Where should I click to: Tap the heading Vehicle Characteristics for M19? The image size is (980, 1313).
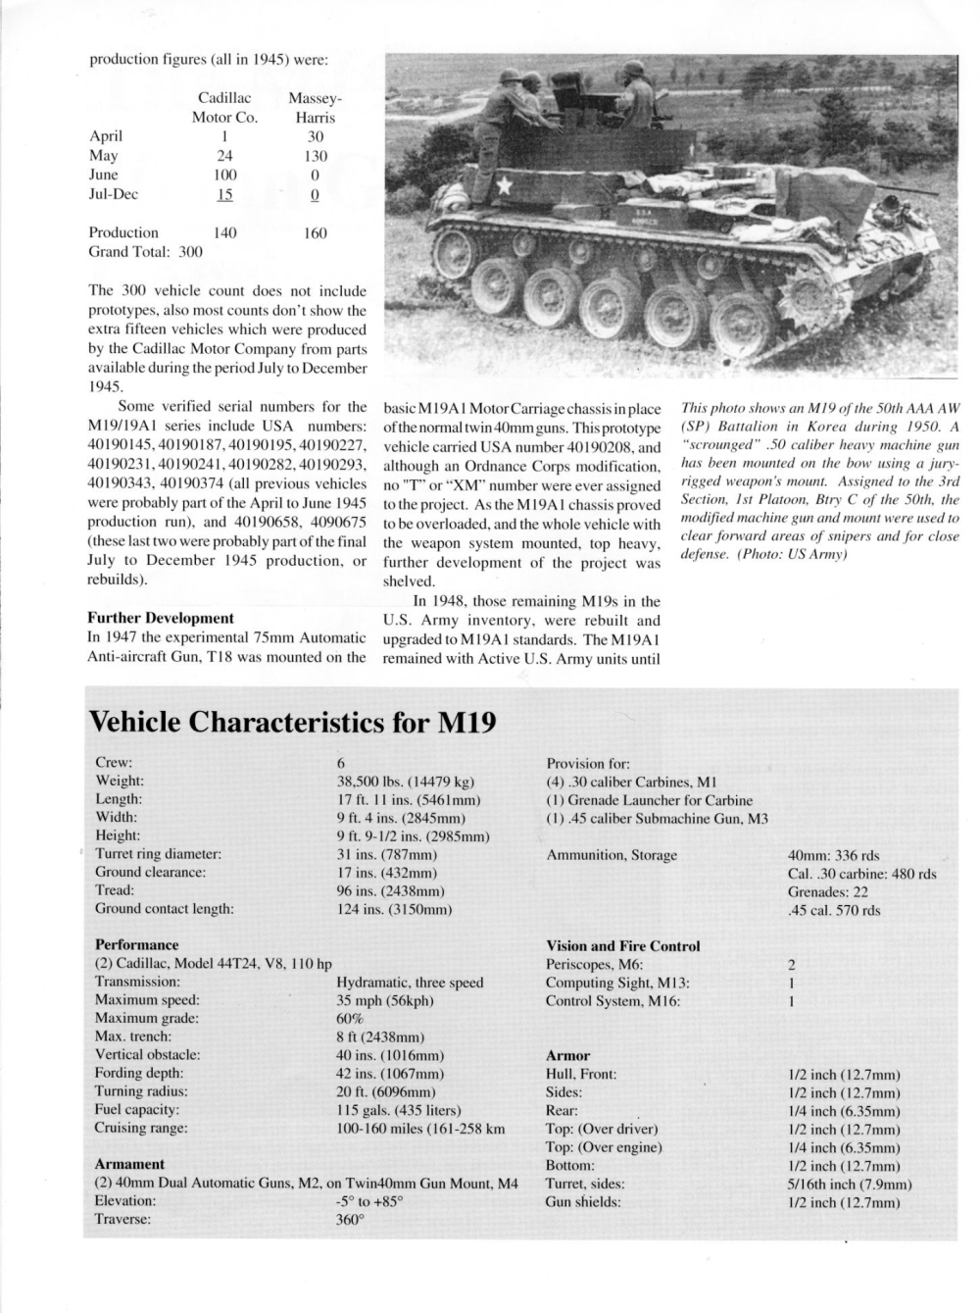coord(292,723)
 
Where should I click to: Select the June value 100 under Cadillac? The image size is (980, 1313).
coord(224,175)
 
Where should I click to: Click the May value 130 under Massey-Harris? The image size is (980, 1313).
coord(316,155)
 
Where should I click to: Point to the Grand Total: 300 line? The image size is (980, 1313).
coord(145,252)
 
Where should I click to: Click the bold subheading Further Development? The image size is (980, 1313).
coord(161,618)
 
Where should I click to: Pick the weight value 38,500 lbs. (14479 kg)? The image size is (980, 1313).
coord(406,782)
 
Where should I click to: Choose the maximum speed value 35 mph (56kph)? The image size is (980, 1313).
coord(384,1000)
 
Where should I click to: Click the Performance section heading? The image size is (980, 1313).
coord(136,945)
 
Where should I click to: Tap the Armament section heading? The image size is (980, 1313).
coord(129,1164)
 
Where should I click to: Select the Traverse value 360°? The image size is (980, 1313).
coord(350,1220)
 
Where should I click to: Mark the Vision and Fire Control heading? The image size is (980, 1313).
coord(622,946)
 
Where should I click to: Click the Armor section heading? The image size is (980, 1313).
coord(567,1056)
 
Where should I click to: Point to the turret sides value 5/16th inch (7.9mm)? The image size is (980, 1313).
coord(850,1185)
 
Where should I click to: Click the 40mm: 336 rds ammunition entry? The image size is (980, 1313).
coord(835,855)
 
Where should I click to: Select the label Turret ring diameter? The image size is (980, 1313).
coord(158,854)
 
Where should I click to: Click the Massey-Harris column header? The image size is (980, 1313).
coord(315,108)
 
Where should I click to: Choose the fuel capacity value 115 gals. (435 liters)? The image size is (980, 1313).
coord(399,1110)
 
